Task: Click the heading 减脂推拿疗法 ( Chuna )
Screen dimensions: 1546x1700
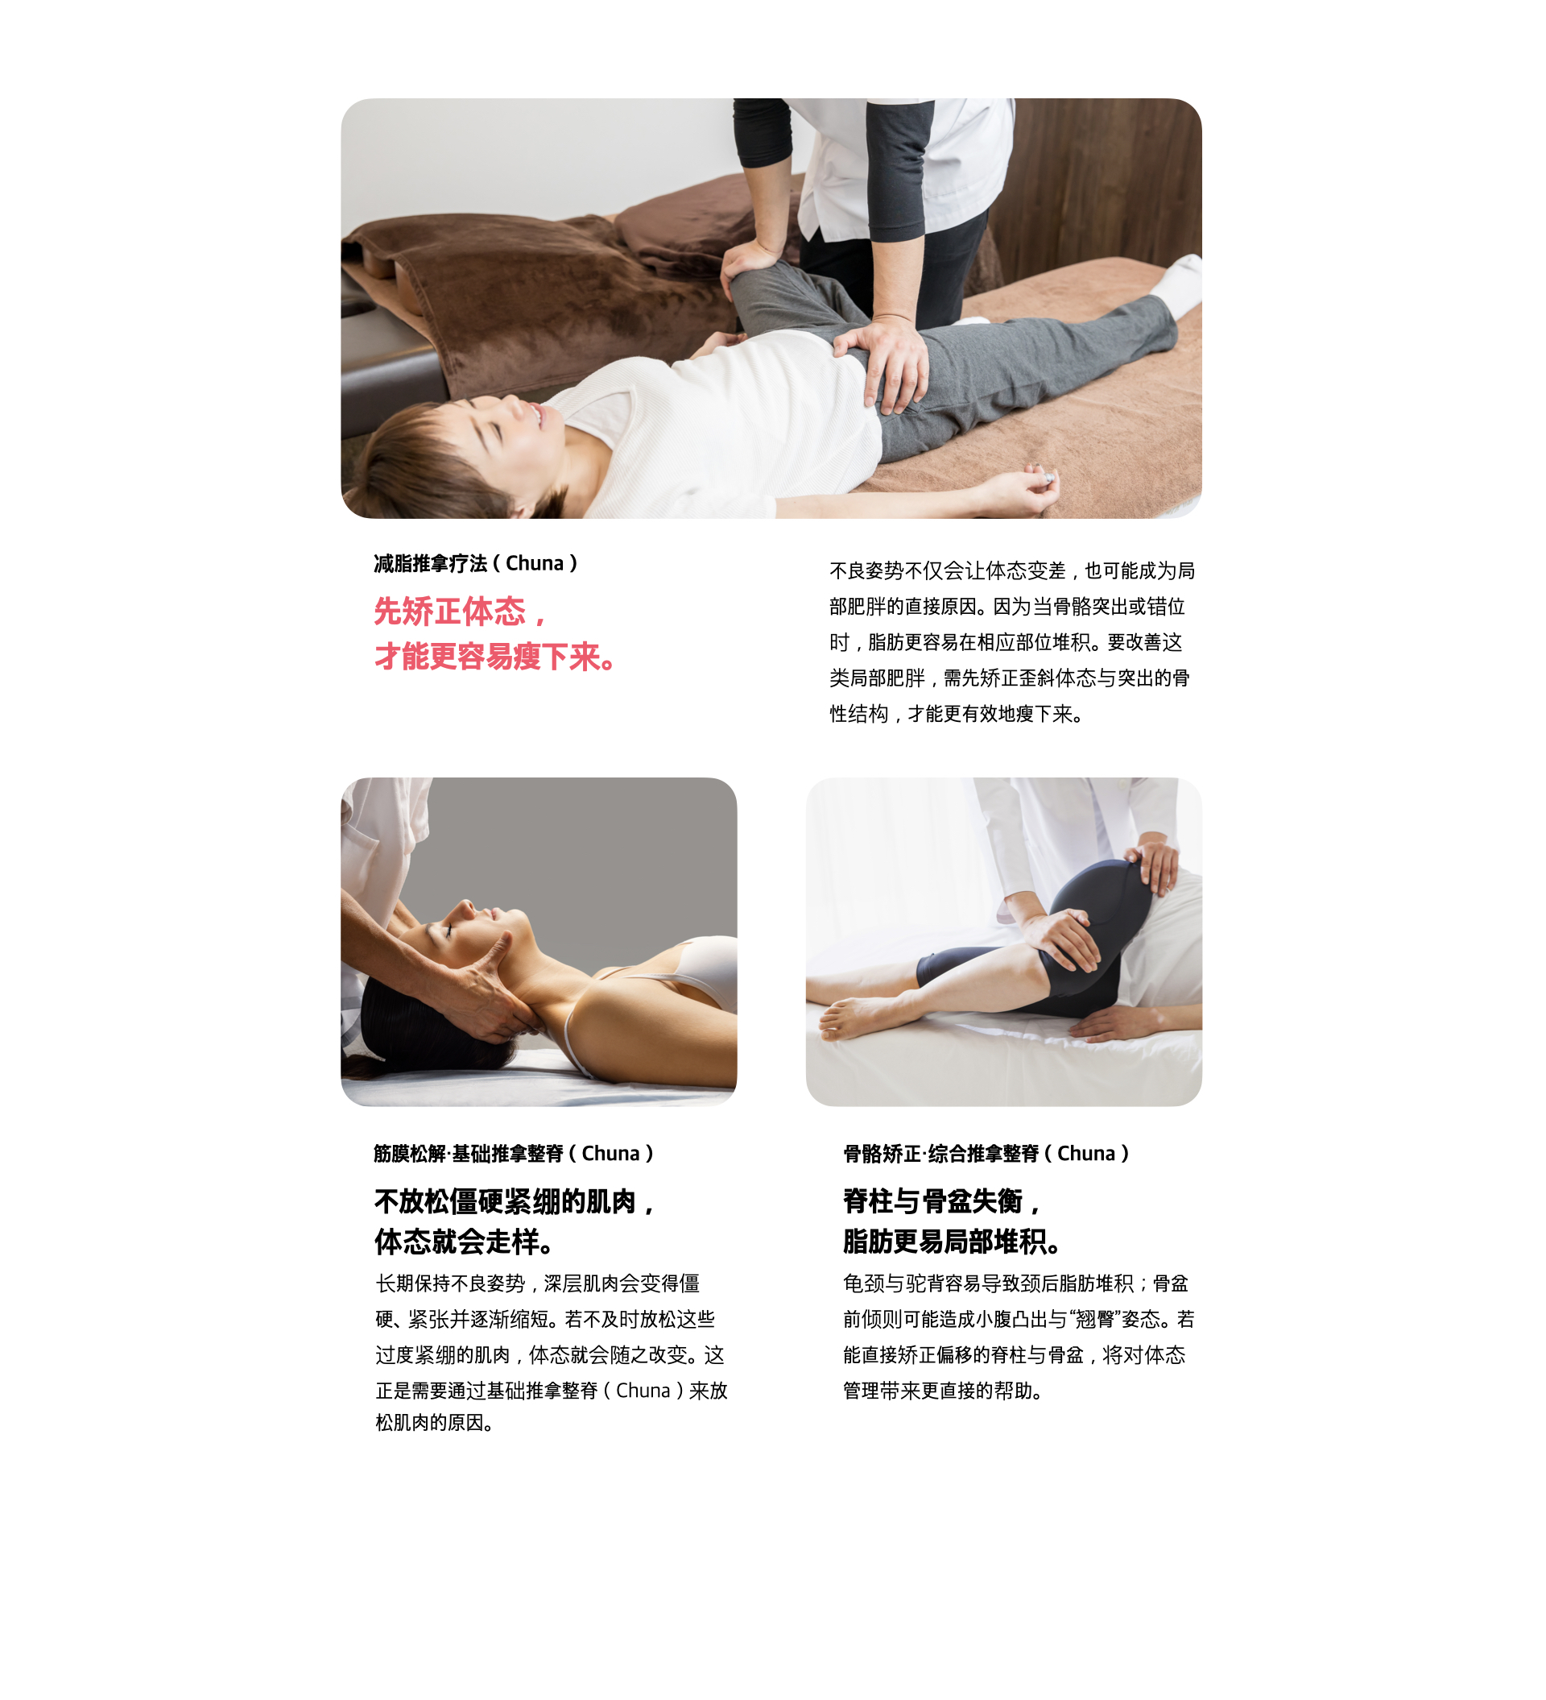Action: tap(475, 563)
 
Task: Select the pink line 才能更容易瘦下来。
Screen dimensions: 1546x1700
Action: tap(495, 656)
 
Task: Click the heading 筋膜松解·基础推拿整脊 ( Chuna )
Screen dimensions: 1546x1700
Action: tap(514, 1154)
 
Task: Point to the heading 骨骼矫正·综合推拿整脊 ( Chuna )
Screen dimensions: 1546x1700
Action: tap(986, 1154)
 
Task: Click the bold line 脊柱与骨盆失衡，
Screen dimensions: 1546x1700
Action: tap(941, 1200)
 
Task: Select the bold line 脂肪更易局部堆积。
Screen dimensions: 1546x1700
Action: tap(952, 1242)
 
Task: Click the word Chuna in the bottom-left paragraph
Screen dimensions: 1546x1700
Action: tap(643, 1391)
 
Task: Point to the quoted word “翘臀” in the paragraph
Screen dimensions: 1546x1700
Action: tap(1095, 1320)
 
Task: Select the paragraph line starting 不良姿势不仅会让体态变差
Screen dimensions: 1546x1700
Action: tap(1011, 571)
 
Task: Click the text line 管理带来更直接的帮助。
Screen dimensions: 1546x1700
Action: tap(943, 1391)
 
